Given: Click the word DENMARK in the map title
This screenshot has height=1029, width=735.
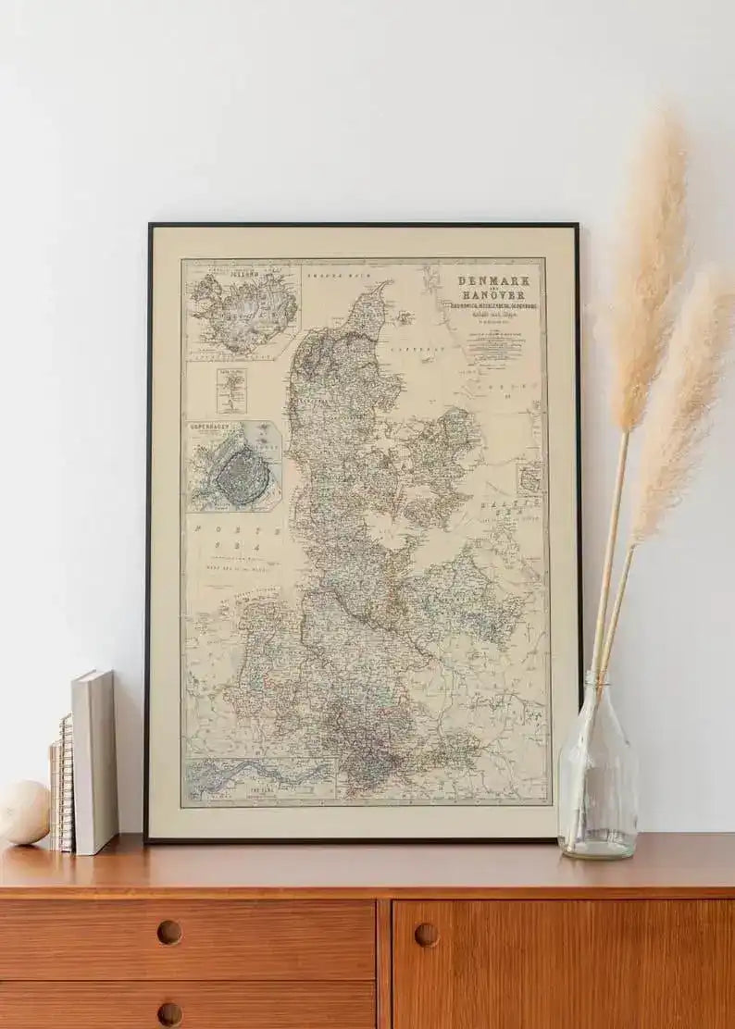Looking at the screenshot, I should point(493,281).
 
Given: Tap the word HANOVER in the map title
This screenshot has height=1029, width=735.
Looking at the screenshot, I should point(493,296).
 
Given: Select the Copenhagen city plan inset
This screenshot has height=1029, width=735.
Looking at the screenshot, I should point(235,465).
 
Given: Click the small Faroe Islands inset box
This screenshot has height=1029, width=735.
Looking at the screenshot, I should point(231,391).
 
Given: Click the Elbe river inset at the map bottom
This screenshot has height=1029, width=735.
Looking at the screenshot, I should point(259,778).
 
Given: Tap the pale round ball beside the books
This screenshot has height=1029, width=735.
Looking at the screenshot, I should point(23,812).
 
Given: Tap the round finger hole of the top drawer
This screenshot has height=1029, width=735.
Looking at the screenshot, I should point(169,932).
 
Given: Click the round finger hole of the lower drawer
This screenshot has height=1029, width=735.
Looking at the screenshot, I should point(169,1013).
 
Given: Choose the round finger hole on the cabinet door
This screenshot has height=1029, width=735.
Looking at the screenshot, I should point(426,934).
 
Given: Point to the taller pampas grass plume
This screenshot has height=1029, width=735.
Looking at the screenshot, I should point(647,268).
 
